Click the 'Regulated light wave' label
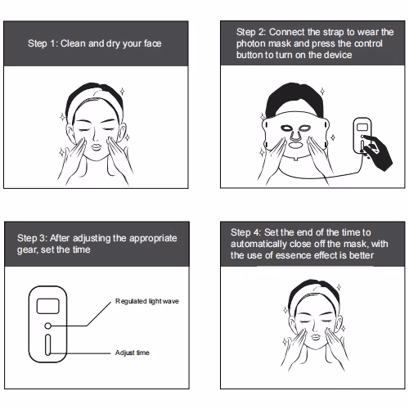coord(147,301)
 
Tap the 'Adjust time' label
coord(133,353)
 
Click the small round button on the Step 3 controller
coord(47,326)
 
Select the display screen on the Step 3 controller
coord(48,306)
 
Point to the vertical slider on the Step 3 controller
coord(47,344)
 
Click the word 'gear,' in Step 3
coord(27,250)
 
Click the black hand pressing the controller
coord(378,153)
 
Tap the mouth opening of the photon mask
coord(295,144)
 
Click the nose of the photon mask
coord(295,133)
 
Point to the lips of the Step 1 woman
coord(96,147)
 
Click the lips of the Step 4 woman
coord(316,337)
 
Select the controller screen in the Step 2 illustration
coord(362,127)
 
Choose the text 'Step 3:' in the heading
coord(32,238)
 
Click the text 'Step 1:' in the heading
coord(43,43)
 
